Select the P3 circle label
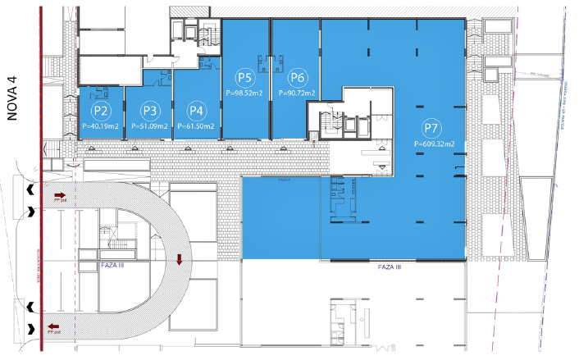(x=149, y=110)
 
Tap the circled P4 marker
(x=195, y=110)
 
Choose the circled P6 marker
(x=297, y=78)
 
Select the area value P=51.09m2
(x=149, y=126)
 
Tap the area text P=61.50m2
(x=196, y=126)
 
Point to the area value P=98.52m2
(x=245, y=93)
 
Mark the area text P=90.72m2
(x=297, y=93)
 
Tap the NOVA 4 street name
(x=12, y=98)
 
